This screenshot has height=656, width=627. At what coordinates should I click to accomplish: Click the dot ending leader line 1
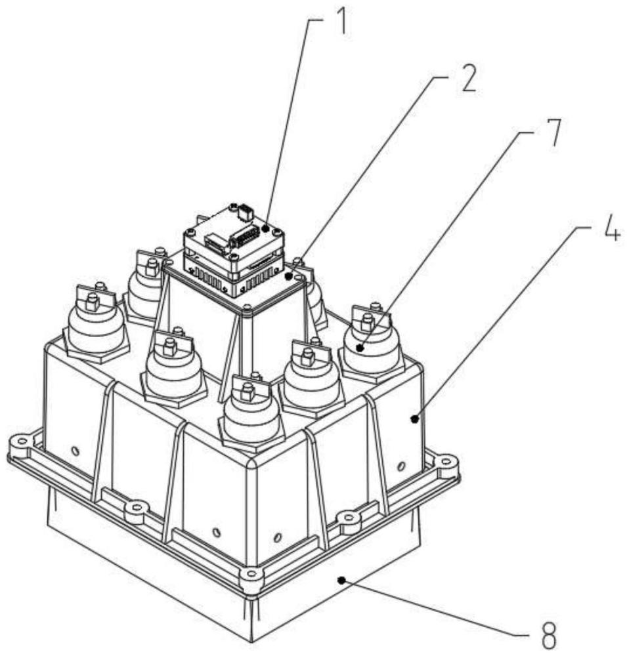coord(265,229)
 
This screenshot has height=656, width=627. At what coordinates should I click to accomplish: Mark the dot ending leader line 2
coord(289,277)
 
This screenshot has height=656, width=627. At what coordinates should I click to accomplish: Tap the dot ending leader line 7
coord(360,348)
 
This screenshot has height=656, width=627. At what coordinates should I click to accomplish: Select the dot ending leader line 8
coord(340,579)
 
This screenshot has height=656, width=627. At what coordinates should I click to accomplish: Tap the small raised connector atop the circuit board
coord(244,212)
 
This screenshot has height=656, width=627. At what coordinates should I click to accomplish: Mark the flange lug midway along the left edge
coord(137,507)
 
